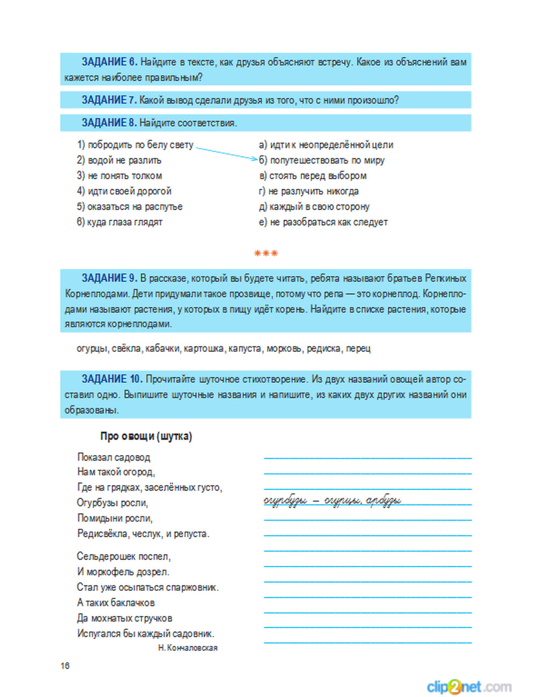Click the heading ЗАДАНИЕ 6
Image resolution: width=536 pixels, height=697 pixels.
[109, 62]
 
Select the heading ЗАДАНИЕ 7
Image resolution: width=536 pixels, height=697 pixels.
[109, 100]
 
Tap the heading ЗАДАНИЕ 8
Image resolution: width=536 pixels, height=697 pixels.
[109, 123]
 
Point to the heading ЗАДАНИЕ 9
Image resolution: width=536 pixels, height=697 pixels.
[109, 278]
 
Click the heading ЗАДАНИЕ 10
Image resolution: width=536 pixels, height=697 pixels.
[111, 379]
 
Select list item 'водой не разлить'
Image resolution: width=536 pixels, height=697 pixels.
[119, 160]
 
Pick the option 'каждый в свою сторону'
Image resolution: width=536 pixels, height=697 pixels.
[314, 206]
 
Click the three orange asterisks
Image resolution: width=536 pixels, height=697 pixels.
[266, 254]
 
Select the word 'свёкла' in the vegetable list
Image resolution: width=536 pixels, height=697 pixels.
[126, 349]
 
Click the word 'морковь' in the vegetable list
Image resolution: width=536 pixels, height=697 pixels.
[285, 349]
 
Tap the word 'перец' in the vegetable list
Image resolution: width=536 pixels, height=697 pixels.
[358, 349]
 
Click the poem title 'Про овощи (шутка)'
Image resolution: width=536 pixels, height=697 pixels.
[146, 436]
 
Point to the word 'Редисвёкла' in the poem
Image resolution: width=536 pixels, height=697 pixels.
[102, 533]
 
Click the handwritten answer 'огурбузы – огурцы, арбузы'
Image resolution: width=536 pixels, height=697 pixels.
[332, 500]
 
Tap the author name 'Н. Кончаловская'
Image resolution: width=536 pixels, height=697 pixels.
[188, 648]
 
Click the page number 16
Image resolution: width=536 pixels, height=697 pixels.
[65, 665]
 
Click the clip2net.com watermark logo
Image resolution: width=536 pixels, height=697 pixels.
[469, 686]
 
